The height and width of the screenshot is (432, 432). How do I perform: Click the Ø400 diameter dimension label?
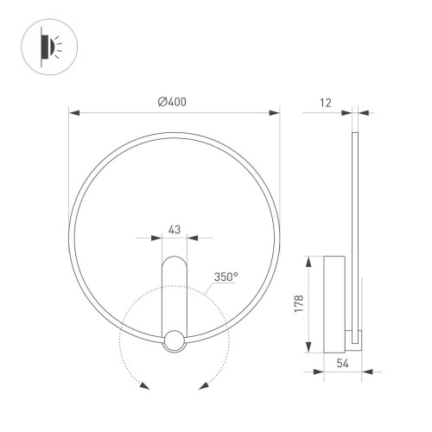172,102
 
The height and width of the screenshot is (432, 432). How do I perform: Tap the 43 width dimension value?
174,229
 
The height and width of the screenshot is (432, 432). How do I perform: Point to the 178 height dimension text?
300,304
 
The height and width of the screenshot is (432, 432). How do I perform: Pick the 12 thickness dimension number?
325,102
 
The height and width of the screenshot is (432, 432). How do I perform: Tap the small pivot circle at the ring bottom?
175,340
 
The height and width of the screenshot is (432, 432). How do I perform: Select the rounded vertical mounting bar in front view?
175,294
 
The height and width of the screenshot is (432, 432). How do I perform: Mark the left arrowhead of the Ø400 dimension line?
72,112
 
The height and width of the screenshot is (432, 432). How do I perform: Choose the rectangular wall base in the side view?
334,303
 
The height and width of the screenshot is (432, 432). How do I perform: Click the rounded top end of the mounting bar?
175,259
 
